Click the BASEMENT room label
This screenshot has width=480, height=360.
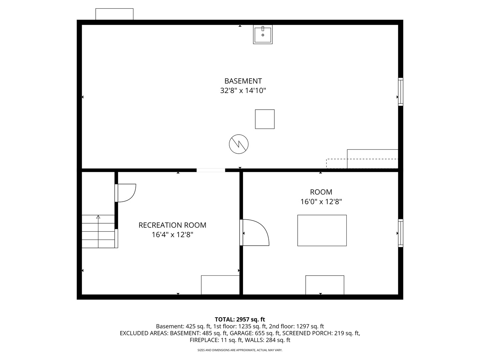(243, 81)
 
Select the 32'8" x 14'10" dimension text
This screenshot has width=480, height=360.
(243, 90)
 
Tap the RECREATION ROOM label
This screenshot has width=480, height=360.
(172, 225)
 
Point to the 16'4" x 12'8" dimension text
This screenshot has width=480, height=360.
(172, 235)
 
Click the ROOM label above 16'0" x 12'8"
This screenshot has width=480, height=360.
(321, 192)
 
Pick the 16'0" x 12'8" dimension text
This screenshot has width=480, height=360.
(321, 202)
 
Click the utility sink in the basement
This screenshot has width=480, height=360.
(263, 35)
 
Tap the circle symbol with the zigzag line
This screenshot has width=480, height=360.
(239, 144)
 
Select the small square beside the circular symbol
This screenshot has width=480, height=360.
(265, 119)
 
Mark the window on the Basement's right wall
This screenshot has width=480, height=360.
(400, 92)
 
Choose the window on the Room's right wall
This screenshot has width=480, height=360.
(400, 233)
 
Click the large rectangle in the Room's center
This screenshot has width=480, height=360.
(322, 230)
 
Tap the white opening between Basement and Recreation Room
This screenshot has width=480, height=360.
(211, 170)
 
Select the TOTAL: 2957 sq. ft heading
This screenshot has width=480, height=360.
(240, 320)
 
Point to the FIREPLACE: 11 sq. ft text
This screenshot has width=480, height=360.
(216, 340)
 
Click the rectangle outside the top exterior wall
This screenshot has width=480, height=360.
(114, 14)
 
